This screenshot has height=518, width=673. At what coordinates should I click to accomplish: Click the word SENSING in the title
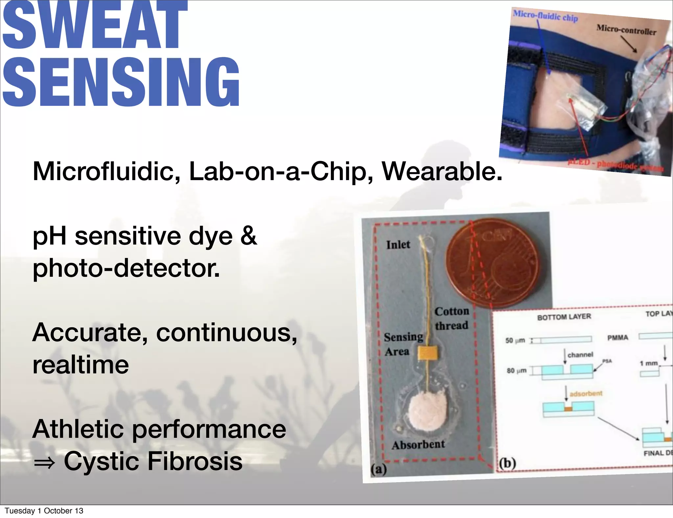[x=121, y=82]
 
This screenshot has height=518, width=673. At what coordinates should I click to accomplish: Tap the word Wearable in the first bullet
[x=441, y=172]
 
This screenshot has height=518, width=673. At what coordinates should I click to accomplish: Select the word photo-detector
[x=126, y=268]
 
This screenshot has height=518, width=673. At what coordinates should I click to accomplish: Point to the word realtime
[x=81, y=365]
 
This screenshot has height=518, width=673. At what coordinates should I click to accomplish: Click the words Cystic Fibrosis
[x=153, y=461]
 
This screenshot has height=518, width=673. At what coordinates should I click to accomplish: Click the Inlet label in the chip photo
[x=398, y=245]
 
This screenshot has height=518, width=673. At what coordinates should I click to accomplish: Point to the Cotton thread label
[x=452, y=318]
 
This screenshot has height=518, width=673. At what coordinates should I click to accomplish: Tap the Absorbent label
[x=418, y=445]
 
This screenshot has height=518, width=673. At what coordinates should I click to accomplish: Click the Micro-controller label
[x=626, y=30]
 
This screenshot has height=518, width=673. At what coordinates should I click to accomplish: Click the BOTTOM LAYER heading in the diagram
[x=564, y=317]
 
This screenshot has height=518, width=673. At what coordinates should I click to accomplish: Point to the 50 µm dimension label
[x=515, y=340]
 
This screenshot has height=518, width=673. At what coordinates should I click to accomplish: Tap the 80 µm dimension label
[x=516, y=371]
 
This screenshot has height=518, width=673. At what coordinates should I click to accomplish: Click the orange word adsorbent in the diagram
[x=586, y=393]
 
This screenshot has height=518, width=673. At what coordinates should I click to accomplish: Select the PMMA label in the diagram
[x=617, y=338]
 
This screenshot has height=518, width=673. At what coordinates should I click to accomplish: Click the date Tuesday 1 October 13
[x=44, y=511]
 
